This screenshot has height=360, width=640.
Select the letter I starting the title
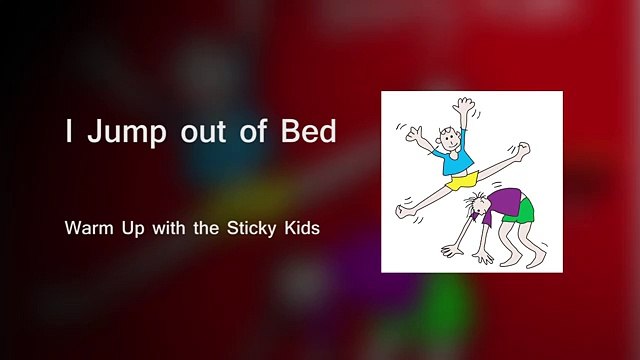(x=69, y=133)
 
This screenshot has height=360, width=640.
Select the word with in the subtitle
(x=171, y=228)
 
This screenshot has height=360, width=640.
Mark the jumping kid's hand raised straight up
(x=462, y=105)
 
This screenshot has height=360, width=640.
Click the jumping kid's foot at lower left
(x=403, y=211)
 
